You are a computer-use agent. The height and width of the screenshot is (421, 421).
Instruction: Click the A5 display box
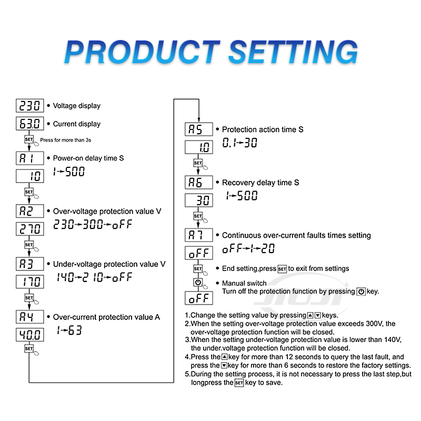pyautogui.click(x=199, y=129)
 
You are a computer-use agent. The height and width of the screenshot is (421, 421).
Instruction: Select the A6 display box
pyautogui.click(x=199, y=183)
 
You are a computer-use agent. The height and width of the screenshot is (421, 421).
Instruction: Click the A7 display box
pyautogui.click(x=199, y=235)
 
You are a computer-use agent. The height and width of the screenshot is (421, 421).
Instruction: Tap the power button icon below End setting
pyautogui.click(x=198, y=283)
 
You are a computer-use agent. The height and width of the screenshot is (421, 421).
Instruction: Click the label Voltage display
pyautogui.click(x=77, y=106)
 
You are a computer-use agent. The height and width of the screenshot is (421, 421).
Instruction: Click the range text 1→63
pyautogui.click(x=69, y=331)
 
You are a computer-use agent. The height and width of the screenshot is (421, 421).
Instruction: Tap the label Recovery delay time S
pyautogui.click(x=260, y=183)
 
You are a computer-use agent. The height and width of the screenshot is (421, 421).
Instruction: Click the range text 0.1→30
pyautogui.click(x=239, y=143)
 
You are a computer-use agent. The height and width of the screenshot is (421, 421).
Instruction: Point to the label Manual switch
pyautogui.click(x=244, y=283)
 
